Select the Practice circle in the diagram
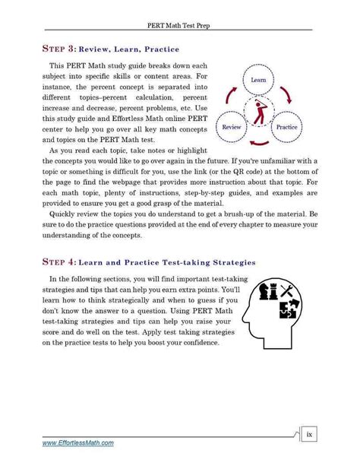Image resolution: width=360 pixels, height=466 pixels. [286, 127]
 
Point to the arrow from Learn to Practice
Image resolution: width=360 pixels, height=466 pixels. [286, 95]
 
